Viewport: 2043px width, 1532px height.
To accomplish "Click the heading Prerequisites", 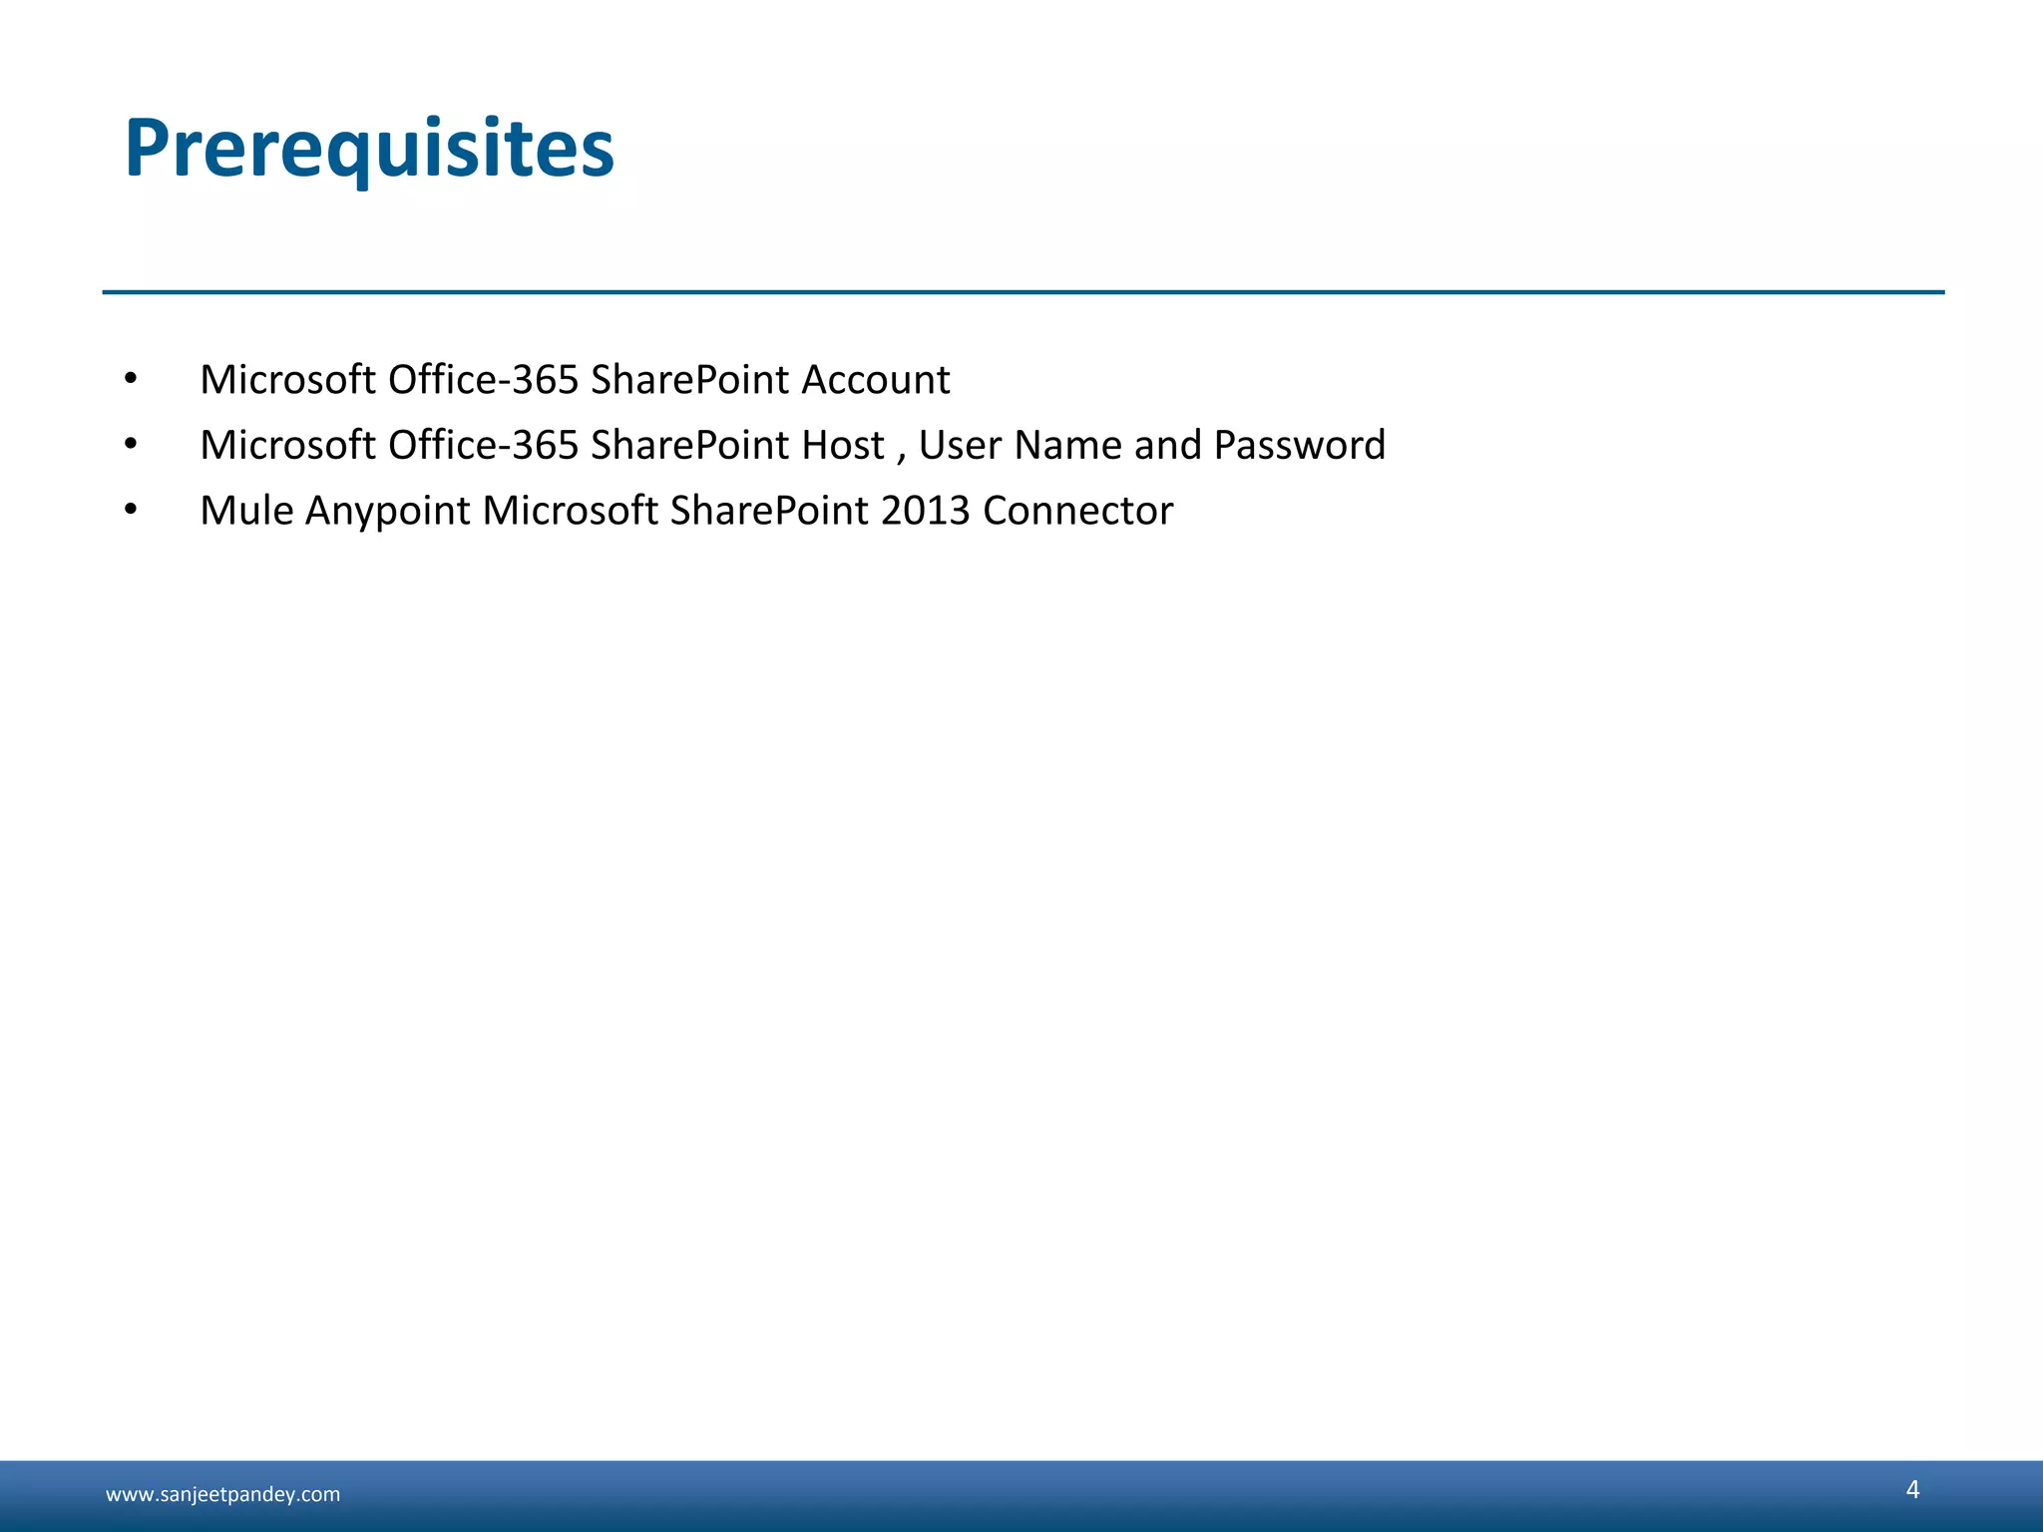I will [x=369, y=150].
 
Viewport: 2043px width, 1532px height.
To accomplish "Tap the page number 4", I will [x=1912, y=1489].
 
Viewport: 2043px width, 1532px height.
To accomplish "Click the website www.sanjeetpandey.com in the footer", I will [x=222, y=1494].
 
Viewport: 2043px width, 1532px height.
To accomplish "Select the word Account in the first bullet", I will [x=875, y=380].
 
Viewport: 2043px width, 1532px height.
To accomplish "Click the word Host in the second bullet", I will [x=843, y=445].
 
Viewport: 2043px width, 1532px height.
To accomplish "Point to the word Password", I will [x=1299, y=445].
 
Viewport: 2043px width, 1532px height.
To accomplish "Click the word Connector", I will [x=1077, y=511].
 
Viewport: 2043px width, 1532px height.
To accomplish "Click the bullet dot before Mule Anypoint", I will [x=131, y=510].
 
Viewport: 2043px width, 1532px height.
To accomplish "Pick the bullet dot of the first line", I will [x=131, y=379].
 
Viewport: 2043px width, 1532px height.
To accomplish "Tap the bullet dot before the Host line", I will [x=131, y=444].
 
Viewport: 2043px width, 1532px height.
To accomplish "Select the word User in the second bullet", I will [x=959, y=445].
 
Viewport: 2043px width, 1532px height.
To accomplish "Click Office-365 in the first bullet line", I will [x=483, y=380].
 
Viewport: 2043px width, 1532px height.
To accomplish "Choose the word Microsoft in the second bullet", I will [x=287, y=445].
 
